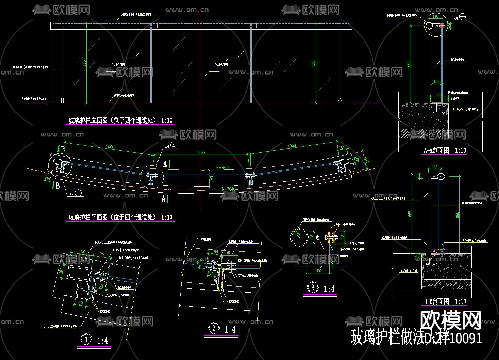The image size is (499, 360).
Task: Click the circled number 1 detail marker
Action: point(86,339)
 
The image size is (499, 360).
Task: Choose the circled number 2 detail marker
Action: point(214,328)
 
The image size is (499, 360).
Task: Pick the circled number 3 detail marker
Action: point(313,288)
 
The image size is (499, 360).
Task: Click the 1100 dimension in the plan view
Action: point(201,153)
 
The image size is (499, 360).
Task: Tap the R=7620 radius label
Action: point(223,168)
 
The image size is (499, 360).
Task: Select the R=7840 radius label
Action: point(229,189)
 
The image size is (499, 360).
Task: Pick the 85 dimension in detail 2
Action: point(216,252)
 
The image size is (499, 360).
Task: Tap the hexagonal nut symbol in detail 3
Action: point(318,237)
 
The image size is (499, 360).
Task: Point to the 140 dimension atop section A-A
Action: point(435,16)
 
